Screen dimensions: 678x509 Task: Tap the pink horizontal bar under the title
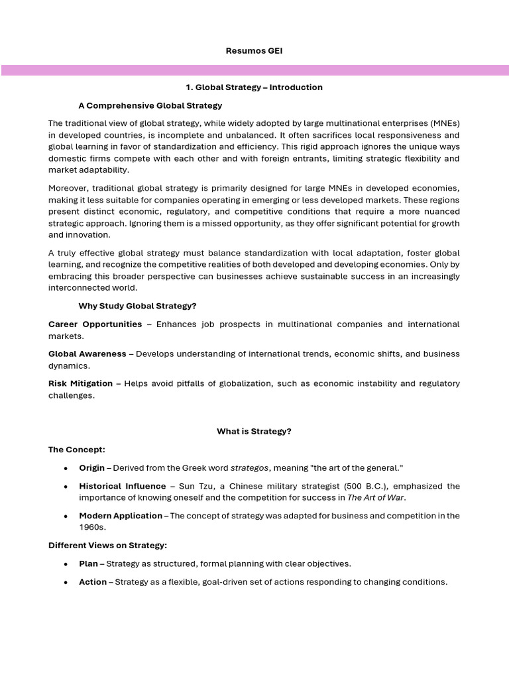254,70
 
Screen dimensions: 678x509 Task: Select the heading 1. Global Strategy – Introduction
254,87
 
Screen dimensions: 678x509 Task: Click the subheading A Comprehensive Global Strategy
150,105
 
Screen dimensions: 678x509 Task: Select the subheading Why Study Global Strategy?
137,306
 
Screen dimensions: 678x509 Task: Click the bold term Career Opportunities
95,324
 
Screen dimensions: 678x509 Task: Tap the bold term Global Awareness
87,354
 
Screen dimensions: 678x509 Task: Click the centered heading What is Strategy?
254,432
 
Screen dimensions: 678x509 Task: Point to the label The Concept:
77,450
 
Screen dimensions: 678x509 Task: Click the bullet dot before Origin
65,468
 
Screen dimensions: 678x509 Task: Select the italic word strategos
249,468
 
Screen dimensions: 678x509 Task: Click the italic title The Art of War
376,498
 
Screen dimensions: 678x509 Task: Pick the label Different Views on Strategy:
107,546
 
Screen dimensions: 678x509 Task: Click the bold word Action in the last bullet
93,582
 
